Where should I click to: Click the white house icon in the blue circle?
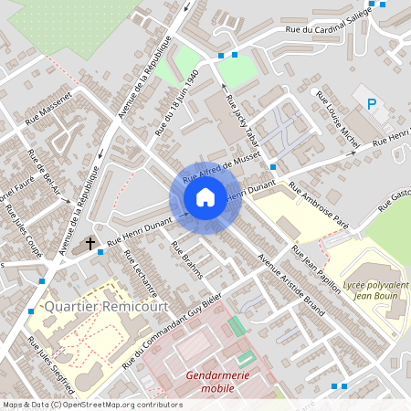point(205,196)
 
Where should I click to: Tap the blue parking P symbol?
point(372,104)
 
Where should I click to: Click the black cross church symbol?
point(90,243)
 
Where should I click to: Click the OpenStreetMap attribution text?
point(91,405)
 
